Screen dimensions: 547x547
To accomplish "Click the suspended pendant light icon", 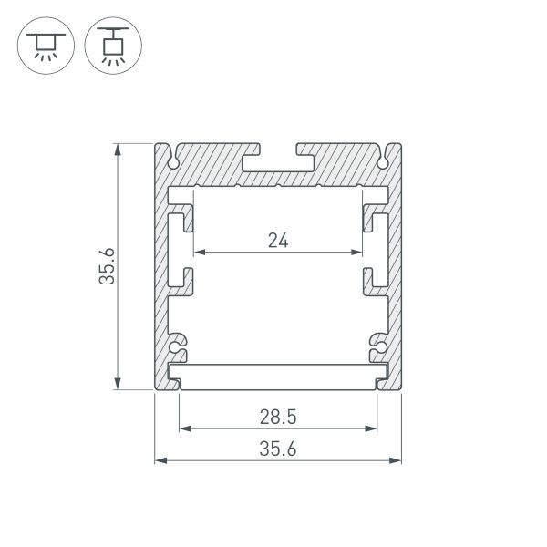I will [108, 44].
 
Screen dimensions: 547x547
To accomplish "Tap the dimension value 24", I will [278, 241].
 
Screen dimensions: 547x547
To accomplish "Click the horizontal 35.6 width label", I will [278, 448].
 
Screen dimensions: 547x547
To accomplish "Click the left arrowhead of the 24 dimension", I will [198, 252].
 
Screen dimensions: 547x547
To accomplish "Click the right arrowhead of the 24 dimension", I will [358, 252].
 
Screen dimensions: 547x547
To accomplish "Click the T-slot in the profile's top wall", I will [278, 160].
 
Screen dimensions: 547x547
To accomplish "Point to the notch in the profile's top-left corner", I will [172, 159].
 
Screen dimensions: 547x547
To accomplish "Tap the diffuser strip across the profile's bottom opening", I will [278, 375].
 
